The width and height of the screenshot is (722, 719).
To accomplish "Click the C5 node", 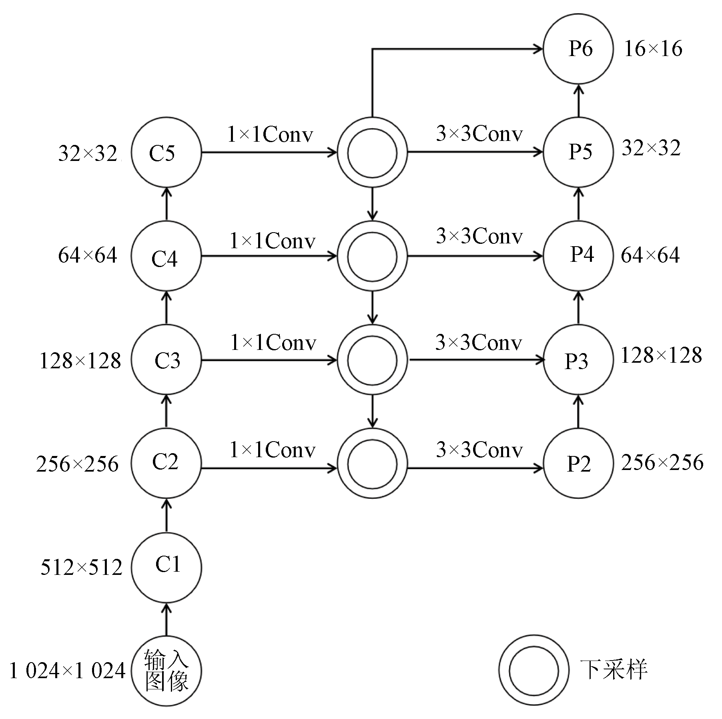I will coord(166,153).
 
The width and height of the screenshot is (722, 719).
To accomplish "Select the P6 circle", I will coord(578,49).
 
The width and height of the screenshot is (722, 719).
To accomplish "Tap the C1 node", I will coord(166,567).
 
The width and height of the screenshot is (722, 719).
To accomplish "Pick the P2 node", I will coord(578,464).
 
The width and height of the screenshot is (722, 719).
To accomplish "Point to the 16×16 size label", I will coord(653,49).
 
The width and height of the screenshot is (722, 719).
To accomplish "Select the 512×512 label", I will coord(81,568).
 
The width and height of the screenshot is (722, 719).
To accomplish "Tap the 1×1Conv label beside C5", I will coord(270,135).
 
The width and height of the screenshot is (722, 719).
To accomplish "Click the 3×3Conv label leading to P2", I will coord(479,450).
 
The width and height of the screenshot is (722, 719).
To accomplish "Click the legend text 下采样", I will coord(613,669).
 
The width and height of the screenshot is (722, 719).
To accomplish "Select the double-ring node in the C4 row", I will coord(372,256).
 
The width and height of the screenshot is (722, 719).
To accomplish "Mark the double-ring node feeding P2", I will coord(372,464).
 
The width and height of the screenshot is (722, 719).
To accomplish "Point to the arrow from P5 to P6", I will coord(578,100).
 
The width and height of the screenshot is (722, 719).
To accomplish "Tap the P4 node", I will coord(578,255).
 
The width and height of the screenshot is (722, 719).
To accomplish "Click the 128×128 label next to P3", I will coord(661,355).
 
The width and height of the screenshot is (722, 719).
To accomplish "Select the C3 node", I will coord(166,360).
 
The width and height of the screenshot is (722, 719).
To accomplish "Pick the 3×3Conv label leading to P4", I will coord(479,236).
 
